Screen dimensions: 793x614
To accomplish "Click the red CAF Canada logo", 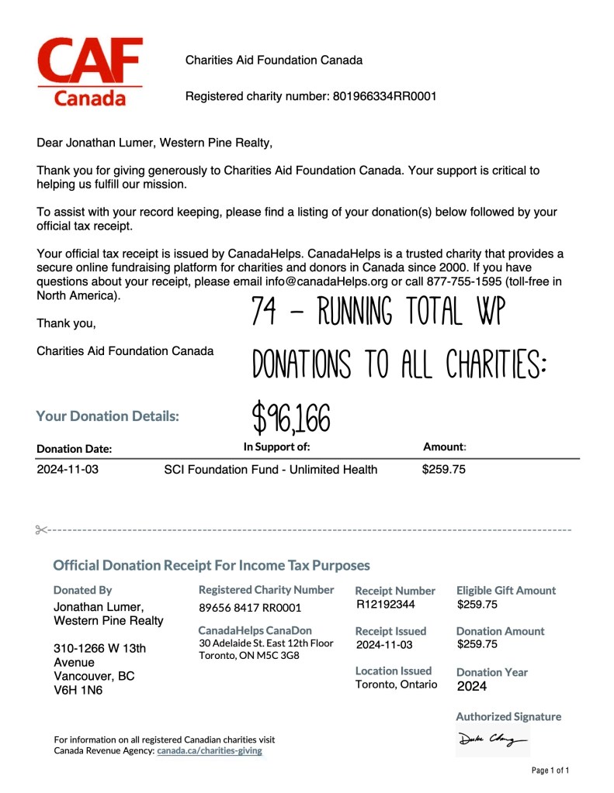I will pos(90,71).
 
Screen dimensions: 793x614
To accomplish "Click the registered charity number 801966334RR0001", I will pos(384,97).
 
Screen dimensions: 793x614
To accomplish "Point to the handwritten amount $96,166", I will pos(292,419).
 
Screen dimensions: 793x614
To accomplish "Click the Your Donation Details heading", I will pos(107,416).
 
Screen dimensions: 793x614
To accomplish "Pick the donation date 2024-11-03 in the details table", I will pos(68,470).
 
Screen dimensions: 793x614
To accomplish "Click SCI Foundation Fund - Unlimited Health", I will pos(271,470).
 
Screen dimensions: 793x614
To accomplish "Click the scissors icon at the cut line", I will pos(41,530).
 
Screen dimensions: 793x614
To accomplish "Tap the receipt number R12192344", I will pos(386,605).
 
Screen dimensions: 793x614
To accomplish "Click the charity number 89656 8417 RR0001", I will pos(250,608).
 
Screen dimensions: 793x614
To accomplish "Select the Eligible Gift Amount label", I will pos(506,591).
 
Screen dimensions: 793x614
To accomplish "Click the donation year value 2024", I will pos(471,686).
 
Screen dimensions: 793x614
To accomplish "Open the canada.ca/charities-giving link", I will pos(210,751).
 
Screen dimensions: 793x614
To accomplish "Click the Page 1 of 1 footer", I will pos(550,771).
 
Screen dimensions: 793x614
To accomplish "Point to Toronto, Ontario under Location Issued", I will pos(396,684).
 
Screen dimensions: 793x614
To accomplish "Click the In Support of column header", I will pos(276,446).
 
